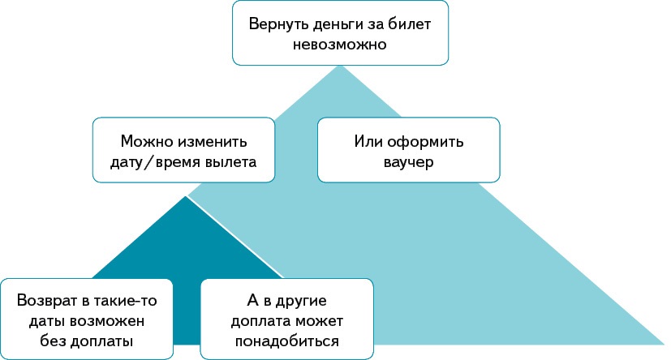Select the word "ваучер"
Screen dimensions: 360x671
coord(408,162)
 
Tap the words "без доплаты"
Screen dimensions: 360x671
coord(87,341)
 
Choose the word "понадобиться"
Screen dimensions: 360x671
coord(287,341)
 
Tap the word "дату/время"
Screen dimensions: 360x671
coord(148,162)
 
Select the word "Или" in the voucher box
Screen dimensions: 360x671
coord(367,141)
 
